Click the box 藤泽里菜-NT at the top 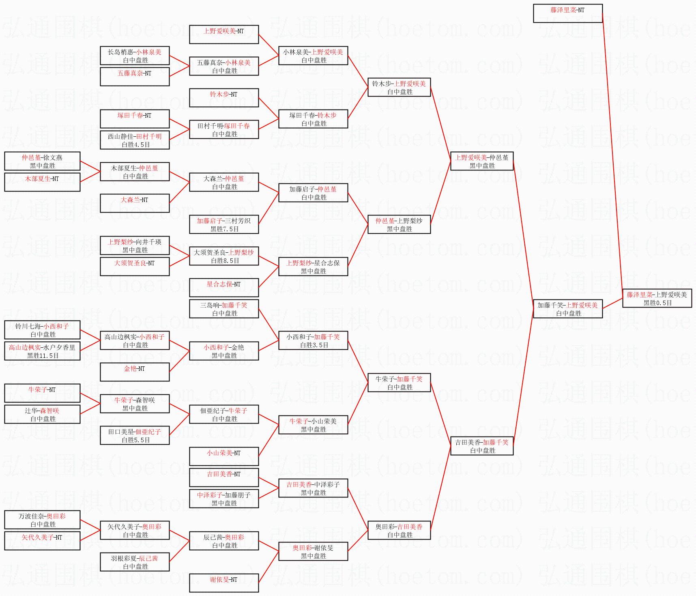coord(567,13)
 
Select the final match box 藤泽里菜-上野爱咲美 coord(657,298)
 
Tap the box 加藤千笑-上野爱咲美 coord(567,309)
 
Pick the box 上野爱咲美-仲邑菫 coord(481,161)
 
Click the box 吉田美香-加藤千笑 coord(481,446)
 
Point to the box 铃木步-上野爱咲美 coord(399,87)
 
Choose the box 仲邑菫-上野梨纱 coord(399,224)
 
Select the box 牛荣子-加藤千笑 coord(399,383)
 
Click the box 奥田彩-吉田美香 coord(399,530)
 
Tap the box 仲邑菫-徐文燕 coord(42,161)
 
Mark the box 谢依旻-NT coord(223,583)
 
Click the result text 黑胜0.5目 coord(657,303)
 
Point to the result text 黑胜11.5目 coord(43,355)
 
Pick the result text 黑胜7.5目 coord(224,229)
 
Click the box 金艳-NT coord(134,372)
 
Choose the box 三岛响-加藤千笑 coord(223,309)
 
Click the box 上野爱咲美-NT coord(223,34)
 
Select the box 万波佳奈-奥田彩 coord(42,520)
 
